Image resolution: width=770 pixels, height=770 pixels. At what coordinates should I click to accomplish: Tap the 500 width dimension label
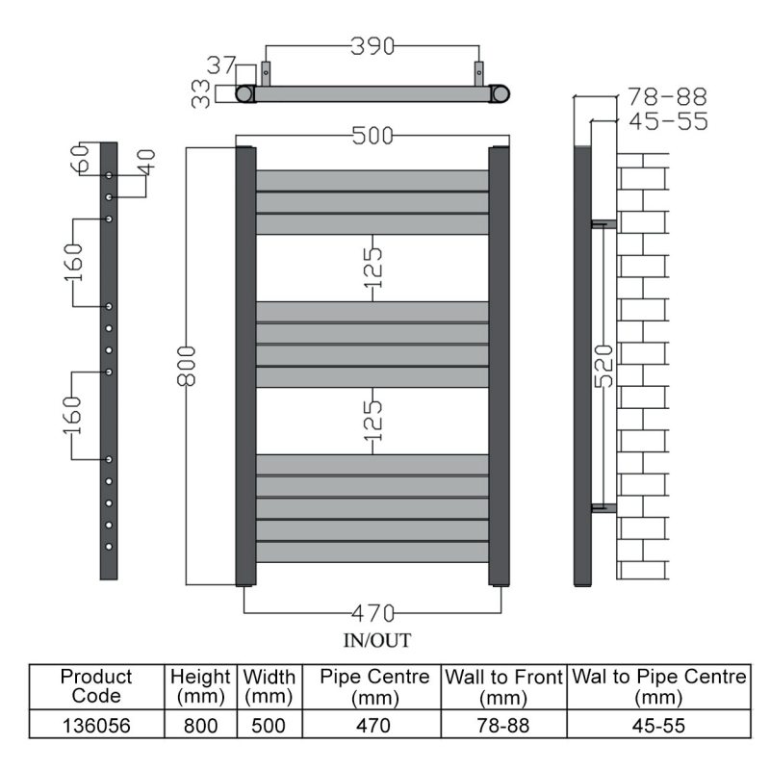point(372,137)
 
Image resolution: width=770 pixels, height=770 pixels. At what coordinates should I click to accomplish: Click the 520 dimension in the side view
point(603,366)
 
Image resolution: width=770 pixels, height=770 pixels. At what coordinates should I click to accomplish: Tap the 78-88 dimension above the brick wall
point(667,97)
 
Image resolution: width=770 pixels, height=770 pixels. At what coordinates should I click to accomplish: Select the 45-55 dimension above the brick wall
point(667,121)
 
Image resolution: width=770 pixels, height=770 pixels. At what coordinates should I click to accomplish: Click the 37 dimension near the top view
point(221,65)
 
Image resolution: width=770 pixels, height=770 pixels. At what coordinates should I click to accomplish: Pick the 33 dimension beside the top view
point(201,93)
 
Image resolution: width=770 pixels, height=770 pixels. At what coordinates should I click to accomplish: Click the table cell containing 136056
point(95,725)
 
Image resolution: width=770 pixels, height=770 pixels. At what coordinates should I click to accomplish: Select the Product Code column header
point(95,686)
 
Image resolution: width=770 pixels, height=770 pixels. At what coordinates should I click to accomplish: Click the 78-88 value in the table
point(502,725)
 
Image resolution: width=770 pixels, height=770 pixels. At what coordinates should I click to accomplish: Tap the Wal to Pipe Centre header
point(659,686)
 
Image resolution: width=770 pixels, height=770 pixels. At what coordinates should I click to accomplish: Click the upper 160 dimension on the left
point(74,262)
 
